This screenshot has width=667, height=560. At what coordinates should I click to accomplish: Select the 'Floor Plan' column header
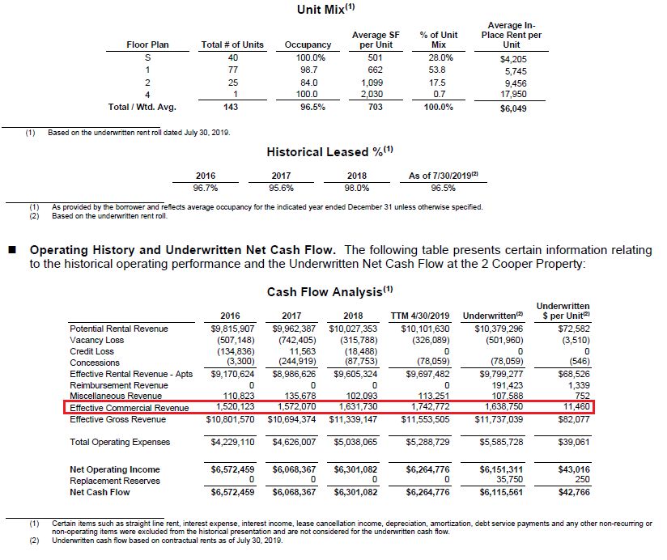[x=148, y=45]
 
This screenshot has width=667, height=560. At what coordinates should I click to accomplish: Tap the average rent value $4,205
[x=513, y=58]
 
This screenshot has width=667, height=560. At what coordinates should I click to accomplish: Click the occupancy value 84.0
[x=308, y=83]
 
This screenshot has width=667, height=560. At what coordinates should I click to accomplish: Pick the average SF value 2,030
[x=372, y=95]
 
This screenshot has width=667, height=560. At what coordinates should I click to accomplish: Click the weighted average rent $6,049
[x=513, y=108]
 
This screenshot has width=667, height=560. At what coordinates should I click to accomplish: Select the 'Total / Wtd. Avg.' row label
[x=142, y=107]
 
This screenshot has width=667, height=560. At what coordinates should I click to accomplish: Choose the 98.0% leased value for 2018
[x=357, y=188]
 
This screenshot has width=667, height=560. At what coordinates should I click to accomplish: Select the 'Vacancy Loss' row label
[x=96, y=341]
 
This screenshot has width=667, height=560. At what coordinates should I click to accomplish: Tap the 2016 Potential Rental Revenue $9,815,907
[x=232, y=329]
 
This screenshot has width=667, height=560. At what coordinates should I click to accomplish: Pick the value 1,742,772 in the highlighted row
[x=425, y=408]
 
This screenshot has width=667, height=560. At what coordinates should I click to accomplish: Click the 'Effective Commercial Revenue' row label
[x=130, y=408]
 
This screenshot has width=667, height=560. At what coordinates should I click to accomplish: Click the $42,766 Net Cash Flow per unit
[x=576, y=492]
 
